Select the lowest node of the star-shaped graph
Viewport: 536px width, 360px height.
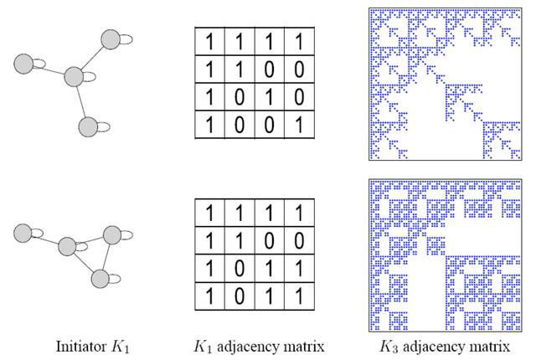(x=88, y=126)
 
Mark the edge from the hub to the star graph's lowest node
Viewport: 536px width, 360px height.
(x=81, y=102)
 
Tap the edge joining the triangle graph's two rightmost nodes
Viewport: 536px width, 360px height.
(x=106, y=257)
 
